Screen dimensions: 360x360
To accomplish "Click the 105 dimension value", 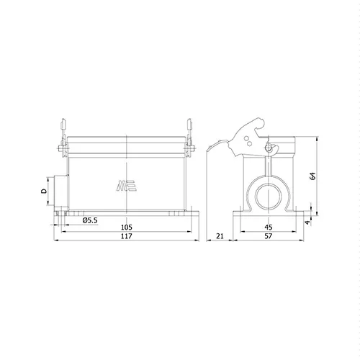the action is [x=127, y=227].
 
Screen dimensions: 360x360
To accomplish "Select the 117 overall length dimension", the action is [x=127, y=236].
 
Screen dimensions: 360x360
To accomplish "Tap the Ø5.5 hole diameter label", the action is [x=90, y=220].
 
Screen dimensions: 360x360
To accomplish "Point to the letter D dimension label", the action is [x=44, y=191].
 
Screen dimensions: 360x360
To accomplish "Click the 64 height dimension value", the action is [x=312, y=176].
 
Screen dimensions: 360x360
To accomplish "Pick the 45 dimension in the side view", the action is [x=269, y=227].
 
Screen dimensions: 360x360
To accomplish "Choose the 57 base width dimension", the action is [x=269, y=236].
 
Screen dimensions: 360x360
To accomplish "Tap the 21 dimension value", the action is [x=220, y=236].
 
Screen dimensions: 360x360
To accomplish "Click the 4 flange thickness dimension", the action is [x=307, y=222].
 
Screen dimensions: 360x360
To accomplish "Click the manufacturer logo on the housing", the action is [x=127, y=186].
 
